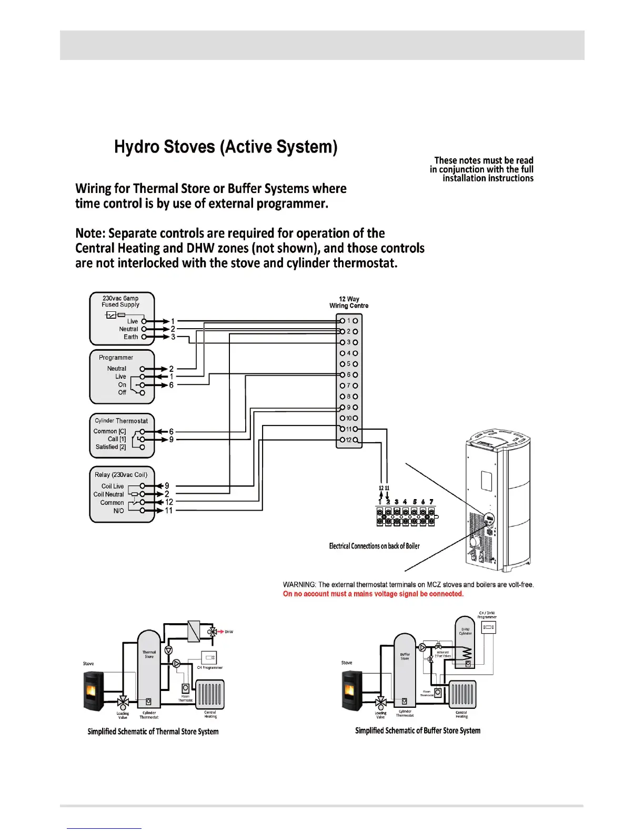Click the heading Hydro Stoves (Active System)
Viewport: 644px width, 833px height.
pos(226,147)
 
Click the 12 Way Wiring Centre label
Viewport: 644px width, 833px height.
pos(349,302)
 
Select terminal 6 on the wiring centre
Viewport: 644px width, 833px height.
pos(348,375)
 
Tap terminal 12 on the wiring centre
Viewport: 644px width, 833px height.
pos(348,440)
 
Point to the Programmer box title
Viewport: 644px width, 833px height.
pos(116,358)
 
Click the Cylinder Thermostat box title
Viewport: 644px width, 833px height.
pos(122,421)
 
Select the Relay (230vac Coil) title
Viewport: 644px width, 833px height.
pos(121,475)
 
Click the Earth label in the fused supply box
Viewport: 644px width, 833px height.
pos(130,337)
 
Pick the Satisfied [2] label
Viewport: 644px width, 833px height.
pos(110,447)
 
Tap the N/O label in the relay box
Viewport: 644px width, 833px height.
pos(118,511)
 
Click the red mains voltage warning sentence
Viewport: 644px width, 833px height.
pos(373,594)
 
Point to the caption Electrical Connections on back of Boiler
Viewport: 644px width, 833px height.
pos(374,546)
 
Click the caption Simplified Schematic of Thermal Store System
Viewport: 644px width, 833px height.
pos(153,732)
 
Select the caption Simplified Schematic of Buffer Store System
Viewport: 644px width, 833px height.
pos(417,730)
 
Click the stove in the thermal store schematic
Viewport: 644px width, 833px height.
pos(94,691)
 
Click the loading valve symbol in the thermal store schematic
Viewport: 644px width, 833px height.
pos(123,702)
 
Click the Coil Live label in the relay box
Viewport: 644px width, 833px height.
pos(113,486)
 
